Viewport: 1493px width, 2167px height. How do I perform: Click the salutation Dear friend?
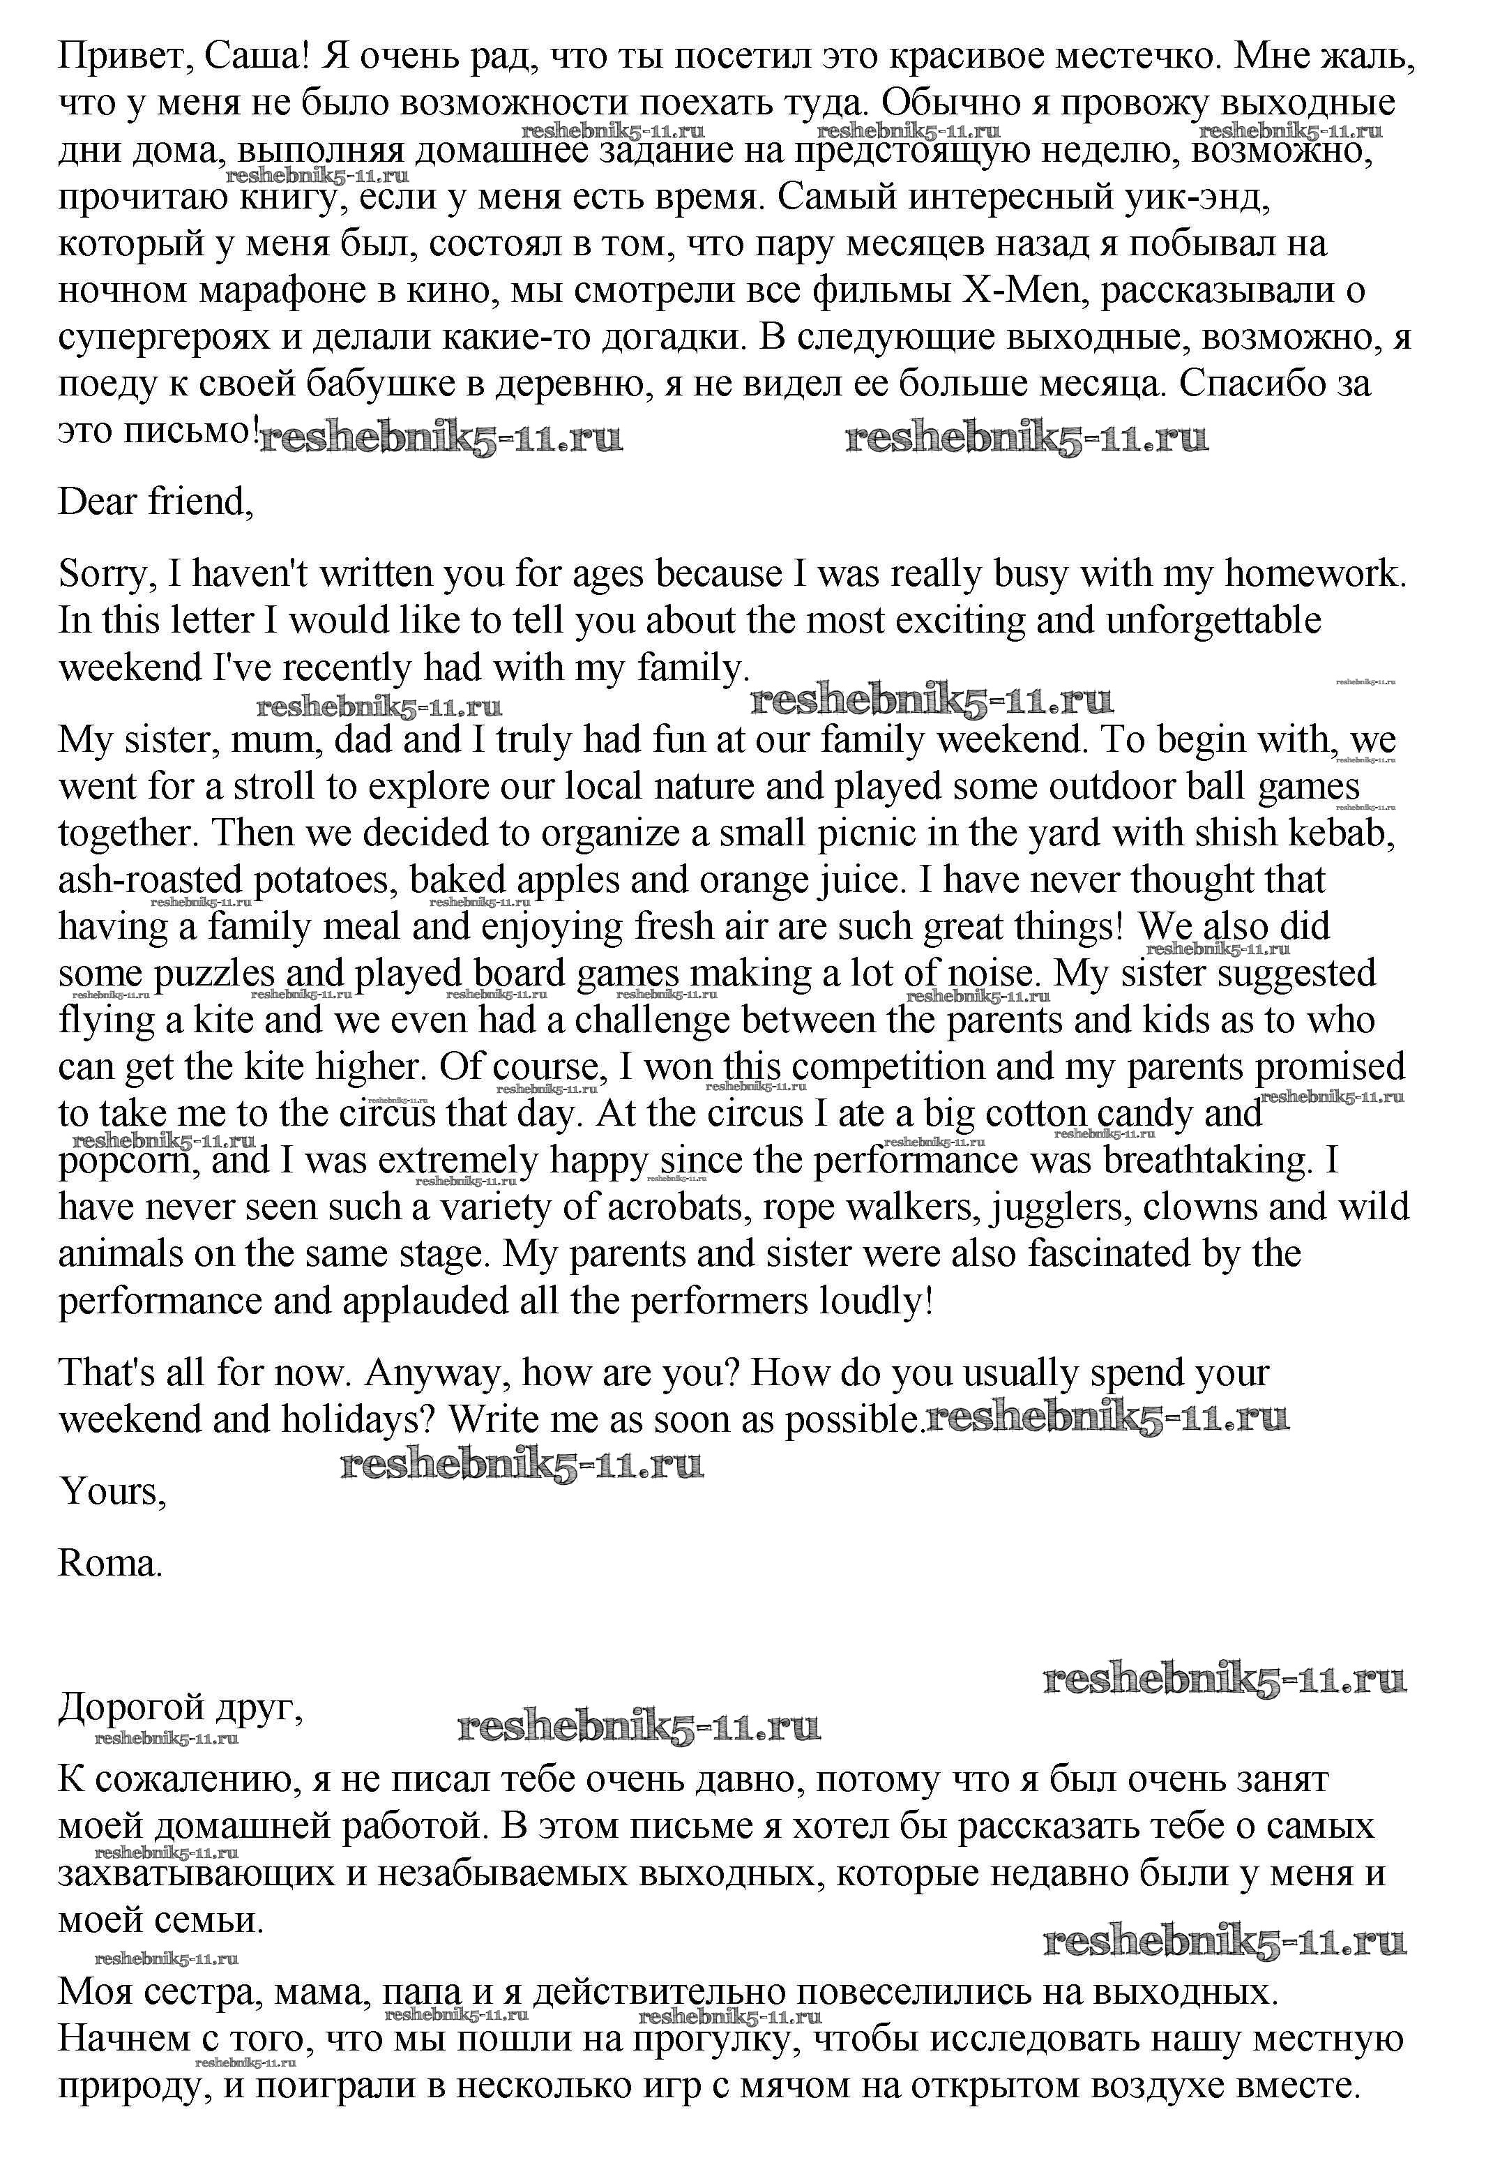click(156, 502)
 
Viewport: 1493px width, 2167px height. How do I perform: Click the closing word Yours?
click(112, 1491)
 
